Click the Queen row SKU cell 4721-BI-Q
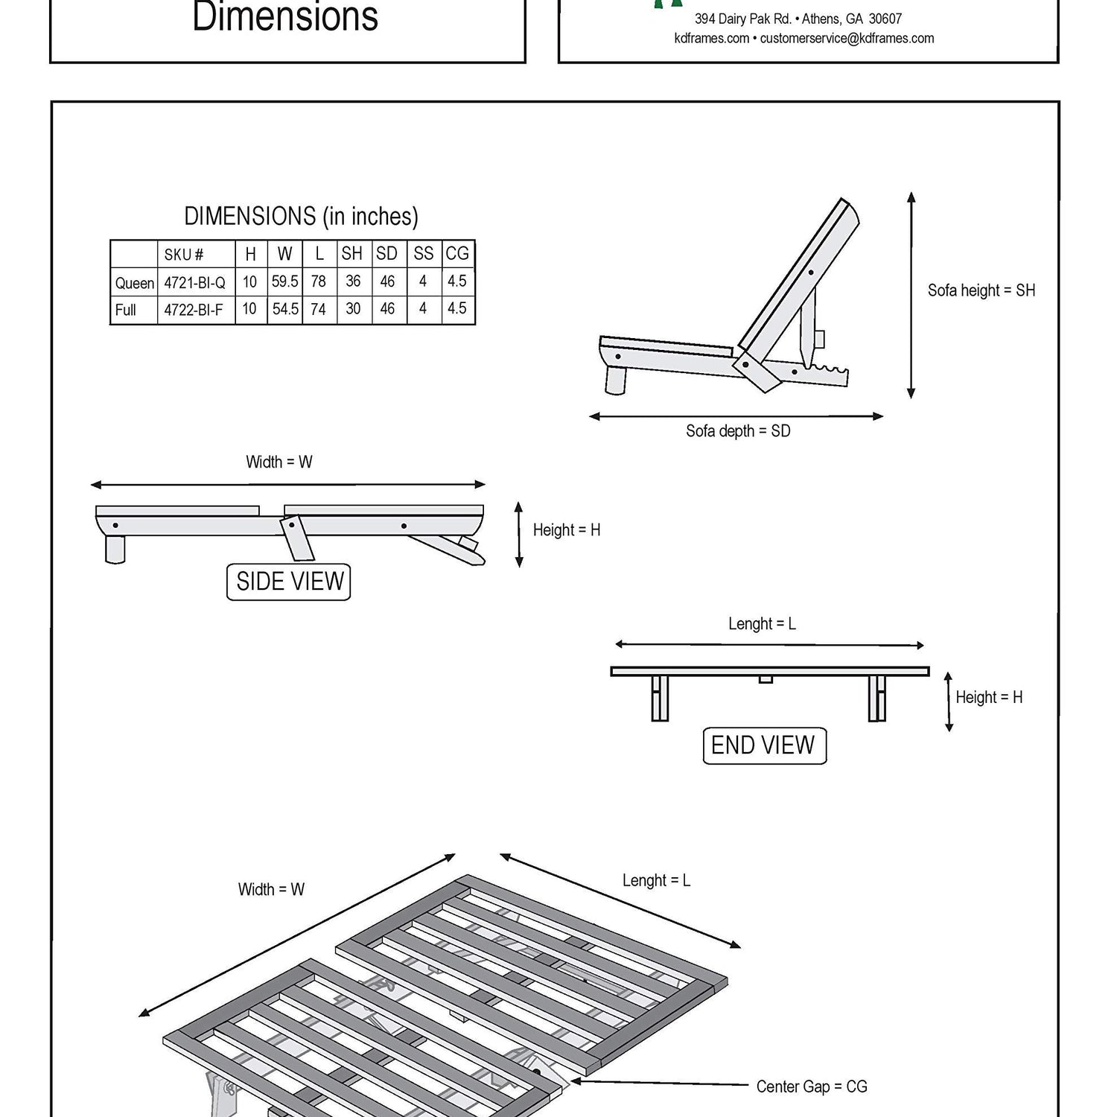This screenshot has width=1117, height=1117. [195, 283]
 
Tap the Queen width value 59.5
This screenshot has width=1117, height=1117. [285, 282]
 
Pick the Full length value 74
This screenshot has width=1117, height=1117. [319, 310]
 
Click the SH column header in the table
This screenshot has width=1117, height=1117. [352, 254]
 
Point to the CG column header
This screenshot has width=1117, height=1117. [457, 254]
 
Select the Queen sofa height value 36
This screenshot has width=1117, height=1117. [353, 281]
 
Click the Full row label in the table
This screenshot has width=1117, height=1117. [126, 310]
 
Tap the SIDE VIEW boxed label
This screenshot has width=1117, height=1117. [289, 582]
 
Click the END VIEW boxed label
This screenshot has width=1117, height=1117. [764, 745]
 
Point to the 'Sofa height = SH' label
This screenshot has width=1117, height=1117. [981, 290]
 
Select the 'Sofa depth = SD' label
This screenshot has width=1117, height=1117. [738, 431]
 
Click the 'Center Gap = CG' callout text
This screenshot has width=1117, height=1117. [812, 1086]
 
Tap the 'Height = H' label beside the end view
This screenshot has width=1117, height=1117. [989, 698]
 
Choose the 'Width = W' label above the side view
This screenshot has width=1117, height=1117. [279, 462]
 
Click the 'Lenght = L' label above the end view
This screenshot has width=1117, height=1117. [762, 624]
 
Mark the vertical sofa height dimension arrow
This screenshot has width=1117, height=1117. [911, 295]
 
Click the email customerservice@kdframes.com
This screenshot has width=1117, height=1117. [847, 39]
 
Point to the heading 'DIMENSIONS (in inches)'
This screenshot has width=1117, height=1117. [301, 217]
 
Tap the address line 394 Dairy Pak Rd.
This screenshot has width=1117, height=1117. [743, 19]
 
